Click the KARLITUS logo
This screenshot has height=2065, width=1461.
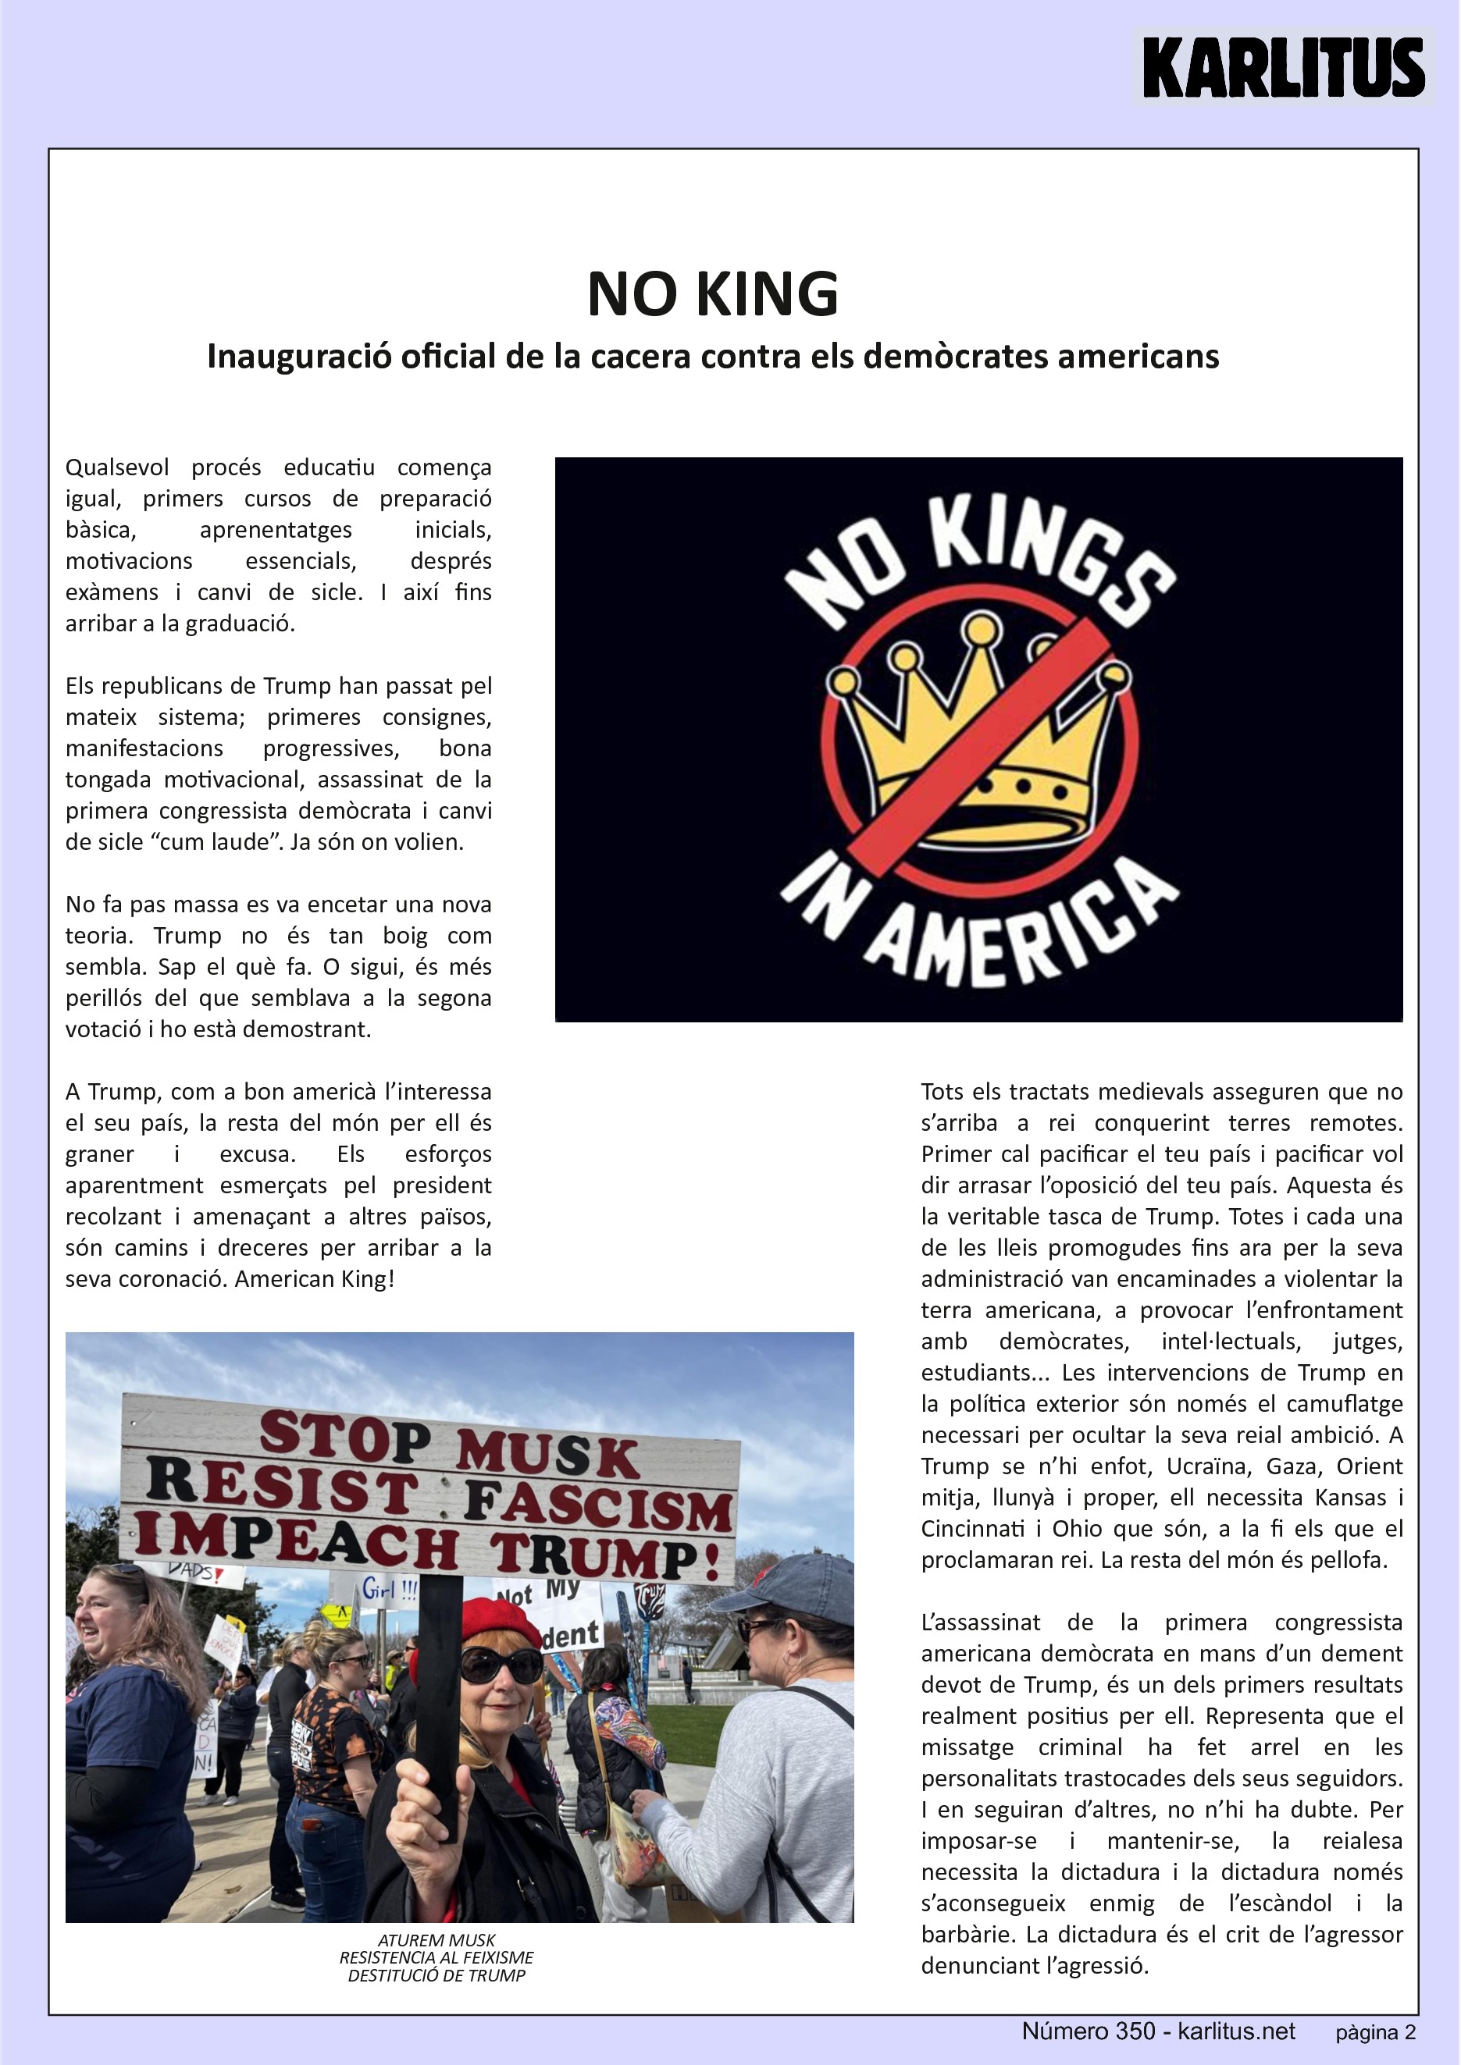coord(1284,66)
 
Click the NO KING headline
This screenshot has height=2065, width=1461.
coord(712,294)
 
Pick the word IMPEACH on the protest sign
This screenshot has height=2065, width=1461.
coord(297,1544)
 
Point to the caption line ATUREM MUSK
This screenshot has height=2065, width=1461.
coord(437,1940)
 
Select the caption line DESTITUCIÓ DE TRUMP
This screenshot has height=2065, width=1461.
coord(437,1975)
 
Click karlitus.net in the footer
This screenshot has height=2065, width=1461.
coord(1236,2031)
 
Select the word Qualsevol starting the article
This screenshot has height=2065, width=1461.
coord(117,467)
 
